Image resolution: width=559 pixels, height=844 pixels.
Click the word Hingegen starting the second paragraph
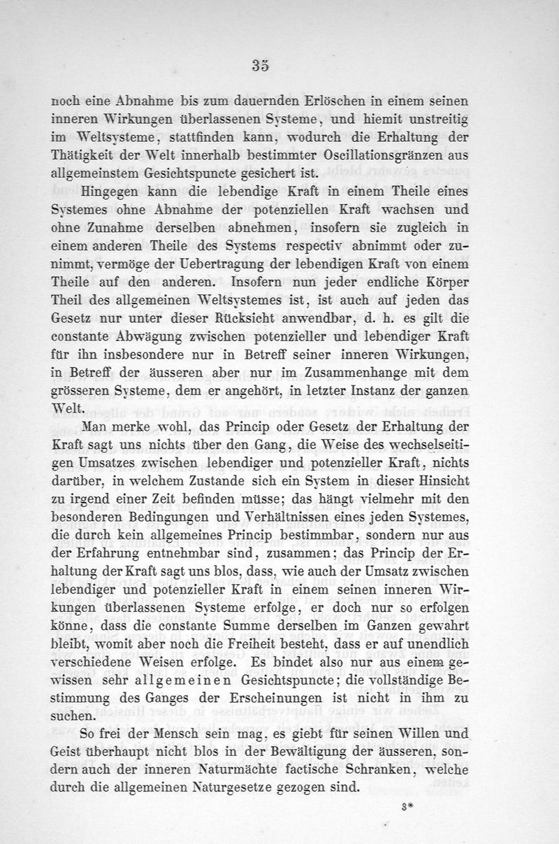(111, 192)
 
